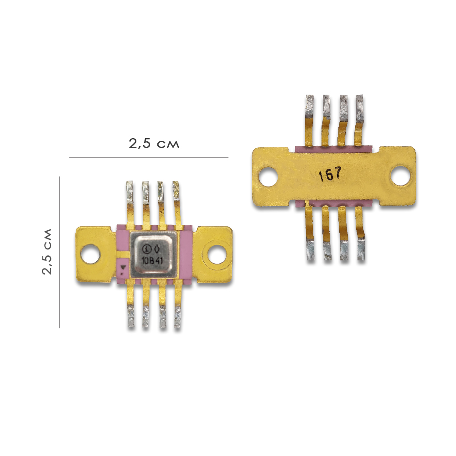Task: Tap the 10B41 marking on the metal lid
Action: click(152, 260)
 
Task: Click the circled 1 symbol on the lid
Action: click(147, 249)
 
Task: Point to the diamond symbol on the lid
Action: click(157, 249)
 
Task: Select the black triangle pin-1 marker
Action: click(124, 267)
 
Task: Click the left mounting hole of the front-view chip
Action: click(90, 254)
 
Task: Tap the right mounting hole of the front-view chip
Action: click(216, 253)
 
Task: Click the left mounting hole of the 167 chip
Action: click(268, 176)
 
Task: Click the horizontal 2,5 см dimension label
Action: click(154, 143)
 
